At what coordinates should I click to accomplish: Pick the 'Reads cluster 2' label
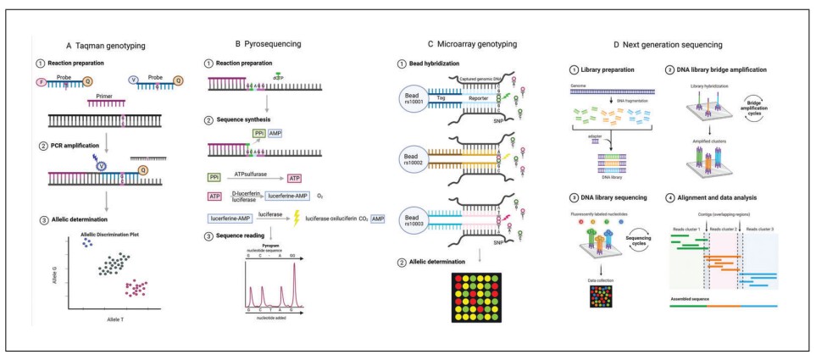point(725,230)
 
